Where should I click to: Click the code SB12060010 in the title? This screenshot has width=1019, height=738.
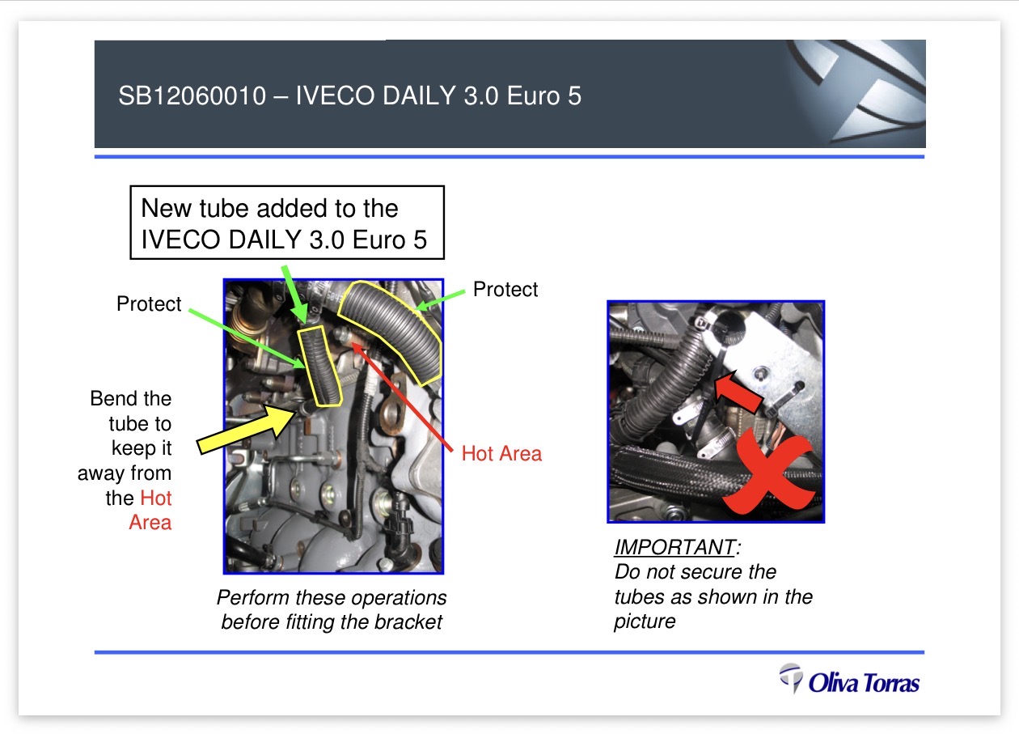tap(192, 96)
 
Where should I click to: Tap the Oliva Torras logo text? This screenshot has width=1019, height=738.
tap(864, 683)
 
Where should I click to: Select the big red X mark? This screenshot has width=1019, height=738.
tap(768, 473)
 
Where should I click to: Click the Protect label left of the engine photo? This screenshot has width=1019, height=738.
tap(149, 303)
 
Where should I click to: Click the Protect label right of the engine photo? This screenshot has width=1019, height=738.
tap(505, 289)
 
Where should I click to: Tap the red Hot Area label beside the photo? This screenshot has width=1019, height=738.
tap(501, 453)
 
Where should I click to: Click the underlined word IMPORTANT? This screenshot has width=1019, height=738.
tap(674, 547)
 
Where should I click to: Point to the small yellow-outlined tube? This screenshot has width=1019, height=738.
tap(319, 366)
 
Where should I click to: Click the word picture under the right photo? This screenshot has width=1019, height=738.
tap(645, 621)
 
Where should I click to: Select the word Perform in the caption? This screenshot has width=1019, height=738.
tap(252, 597)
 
